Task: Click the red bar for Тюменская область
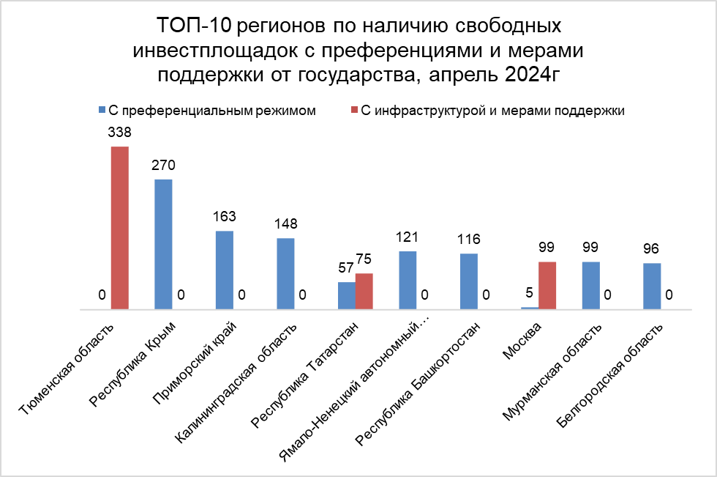[x=120, y=228]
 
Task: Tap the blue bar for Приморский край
[x=225, y=270]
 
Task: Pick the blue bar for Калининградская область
[x=285, y=273]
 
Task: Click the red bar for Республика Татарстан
[x=364, y=291]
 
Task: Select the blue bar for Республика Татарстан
[x=346, y=295]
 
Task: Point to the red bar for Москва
[x=547, y=285]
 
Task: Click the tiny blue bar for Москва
[x=530, y=308]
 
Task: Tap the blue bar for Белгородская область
[x=652, y=286]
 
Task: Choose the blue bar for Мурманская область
[x=591, y=285]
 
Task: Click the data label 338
[x=120, y=134]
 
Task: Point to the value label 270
[x=163, y=166]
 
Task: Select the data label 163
[x=225, y=218]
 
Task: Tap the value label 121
[x=408, y=238]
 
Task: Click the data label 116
[x=469, y=240]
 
